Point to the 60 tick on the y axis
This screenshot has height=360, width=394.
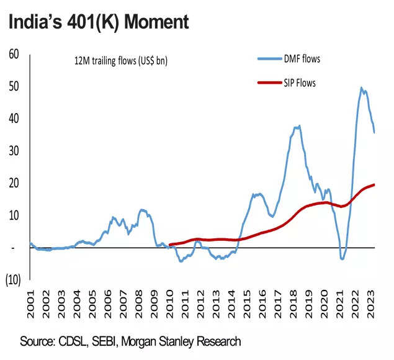pyautogui.click(x=14, y=54)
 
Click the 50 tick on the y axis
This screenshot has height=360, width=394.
pyautogui.click(x=14, y=86)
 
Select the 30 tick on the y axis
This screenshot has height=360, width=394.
pyautogui.click(x=14, y=151)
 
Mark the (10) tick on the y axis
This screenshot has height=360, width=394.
pyautogui.click(x=13, y=280)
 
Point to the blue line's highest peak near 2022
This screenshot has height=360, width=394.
pyautogui.click(x=361, y=88)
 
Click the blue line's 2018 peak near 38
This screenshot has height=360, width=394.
pyautogui.click(x=299, y=126)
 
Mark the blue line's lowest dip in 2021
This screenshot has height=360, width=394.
pyautogui.click(x=343, y=258)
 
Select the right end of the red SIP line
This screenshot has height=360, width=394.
pyautogui.click(x=374, y=184)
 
